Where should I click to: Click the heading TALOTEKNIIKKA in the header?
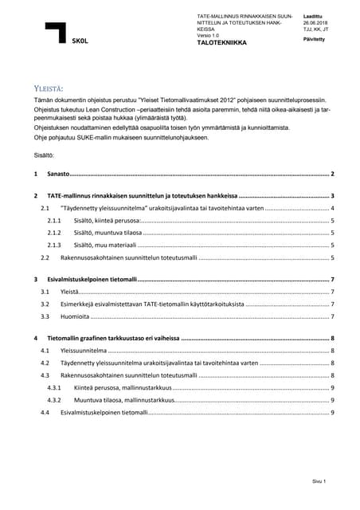222,42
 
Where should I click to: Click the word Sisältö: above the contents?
44,159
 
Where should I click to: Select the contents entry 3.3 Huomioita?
76,316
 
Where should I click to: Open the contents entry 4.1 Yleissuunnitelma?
84,351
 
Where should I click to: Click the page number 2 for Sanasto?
332,174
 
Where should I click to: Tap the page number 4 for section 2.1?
332,207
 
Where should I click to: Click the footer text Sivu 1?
319,482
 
